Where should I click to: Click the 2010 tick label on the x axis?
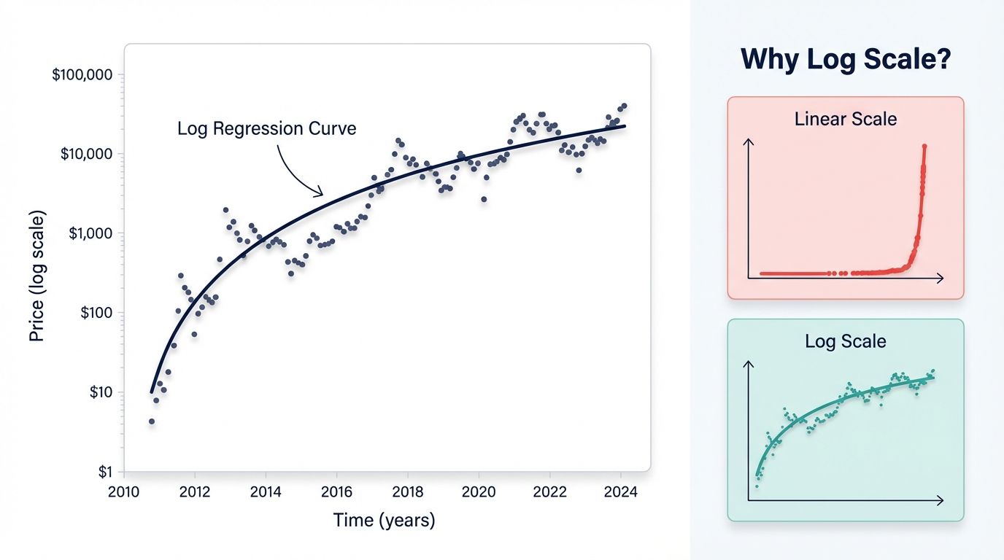coord(124,491)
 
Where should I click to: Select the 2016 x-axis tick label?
coord(335,491)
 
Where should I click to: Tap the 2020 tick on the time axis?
coord(478,491)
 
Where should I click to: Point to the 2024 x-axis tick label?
coord(620,491)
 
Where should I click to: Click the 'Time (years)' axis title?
coord(384,520)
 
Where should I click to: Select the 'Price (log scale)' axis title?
coord(37,276)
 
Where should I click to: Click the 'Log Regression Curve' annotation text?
coord(267,129)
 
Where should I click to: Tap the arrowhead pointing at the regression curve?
coord(319,193)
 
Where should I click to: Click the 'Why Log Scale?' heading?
coord(846,60)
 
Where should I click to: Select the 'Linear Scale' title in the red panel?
coord(846,119)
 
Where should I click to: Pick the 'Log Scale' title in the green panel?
coord(846,341)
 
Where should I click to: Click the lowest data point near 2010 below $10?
coord(152,421)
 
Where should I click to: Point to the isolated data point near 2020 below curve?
coord(483,199)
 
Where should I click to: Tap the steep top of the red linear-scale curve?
coord(924,148)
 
